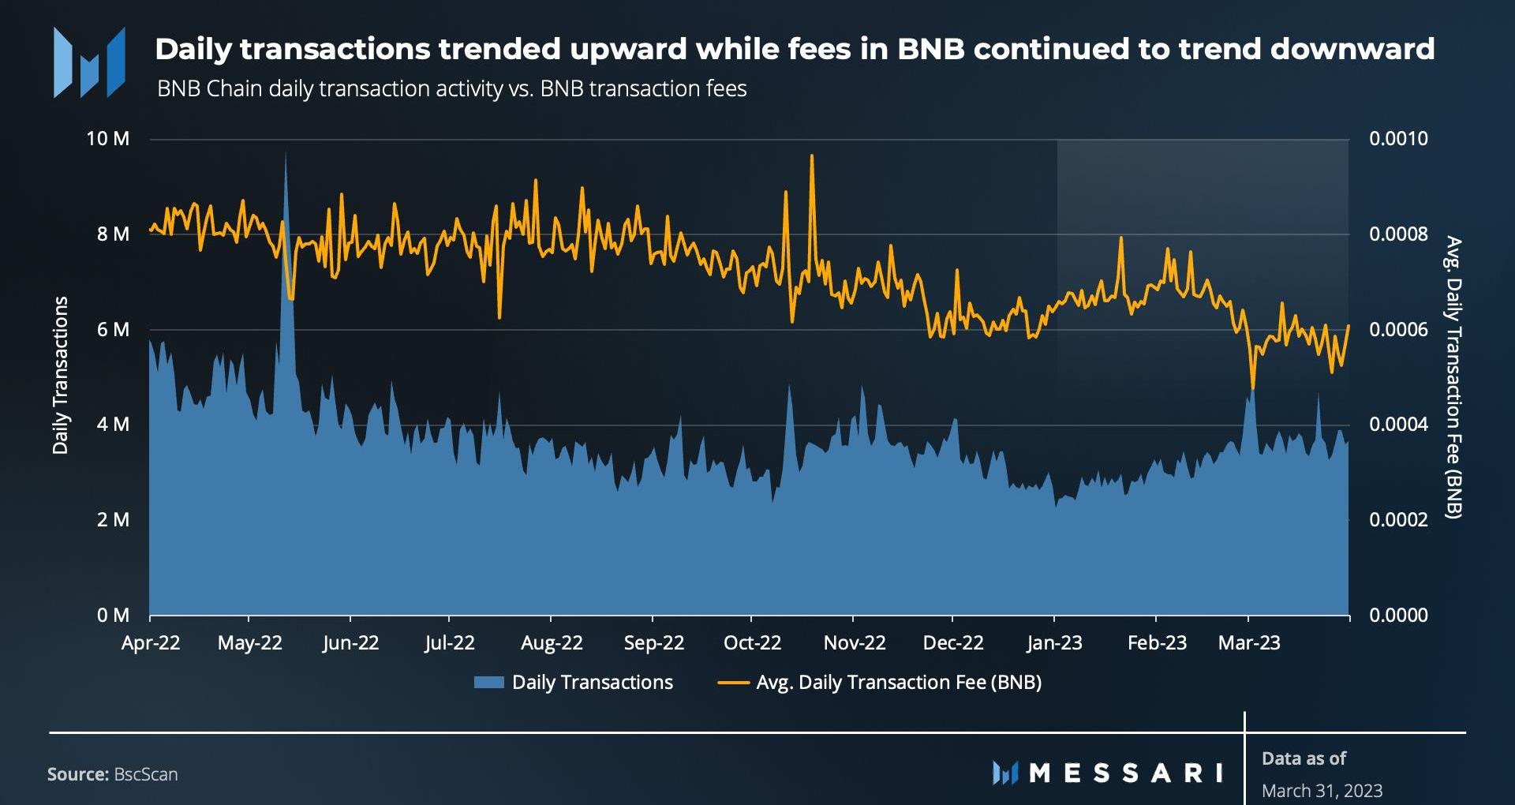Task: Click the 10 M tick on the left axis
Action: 108,139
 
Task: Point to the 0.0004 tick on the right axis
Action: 1398,425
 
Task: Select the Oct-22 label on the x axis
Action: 752,643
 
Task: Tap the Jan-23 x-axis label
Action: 1054,643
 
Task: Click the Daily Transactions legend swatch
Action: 488,683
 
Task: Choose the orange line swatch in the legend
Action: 733,683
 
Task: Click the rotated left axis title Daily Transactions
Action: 61,376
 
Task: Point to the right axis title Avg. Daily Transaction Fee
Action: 1453,377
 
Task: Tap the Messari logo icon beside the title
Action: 89,62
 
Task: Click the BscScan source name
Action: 146,774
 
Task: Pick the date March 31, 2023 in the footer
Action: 1322,790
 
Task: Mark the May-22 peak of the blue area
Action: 286,153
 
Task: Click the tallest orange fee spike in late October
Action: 812,155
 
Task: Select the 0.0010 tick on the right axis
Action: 1398,139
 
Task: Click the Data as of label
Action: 1304,758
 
